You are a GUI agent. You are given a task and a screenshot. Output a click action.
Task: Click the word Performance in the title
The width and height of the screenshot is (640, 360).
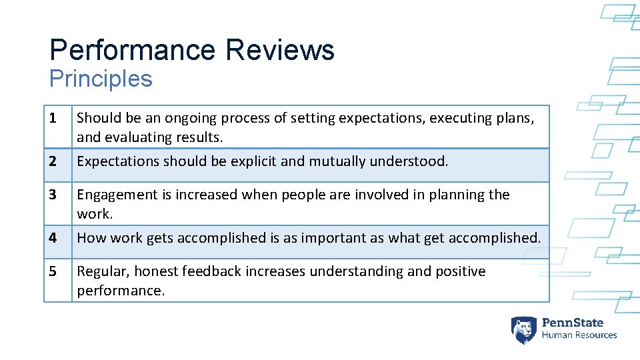pos(132,50)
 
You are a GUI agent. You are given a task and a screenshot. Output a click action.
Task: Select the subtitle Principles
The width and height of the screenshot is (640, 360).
pos(101,79)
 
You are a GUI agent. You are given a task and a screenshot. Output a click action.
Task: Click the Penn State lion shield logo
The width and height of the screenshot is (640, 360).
pos(523,329)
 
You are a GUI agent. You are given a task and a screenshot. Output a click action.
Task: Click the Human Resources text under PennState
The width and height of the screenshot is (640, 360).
pos(579,335)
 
